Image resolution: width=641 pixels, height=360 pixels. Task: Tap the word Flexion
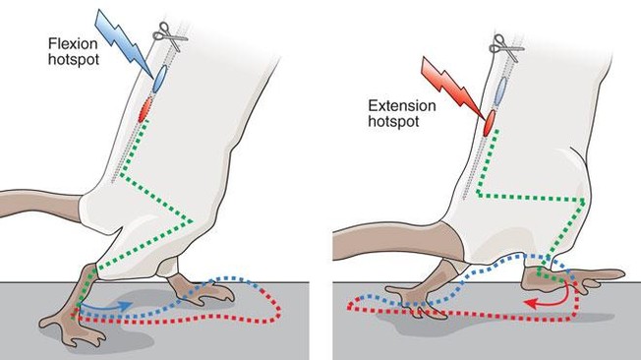tap(73, 44)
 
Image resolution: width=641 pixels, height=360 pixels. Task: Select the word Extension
tap(402, 106)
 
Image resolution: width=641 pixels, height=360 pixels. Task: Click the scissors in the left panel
tap(170, 36)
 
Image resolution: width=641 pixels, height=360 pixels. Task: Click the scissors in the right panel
tap(506, 48)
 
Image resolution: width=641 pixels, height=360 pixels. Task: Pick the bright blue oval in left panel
tap(159, 79)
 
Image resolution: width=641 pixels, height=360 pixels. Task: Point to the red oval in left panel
tap(145, 109)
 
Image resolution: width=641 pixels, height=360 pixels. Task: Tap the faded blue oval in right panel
tap(500, 90)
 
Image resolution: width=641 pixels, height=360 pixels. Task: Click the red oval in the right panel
tap(490, 123)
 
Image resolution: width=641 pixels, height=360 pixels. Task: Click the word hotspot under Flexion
tap(74, 59)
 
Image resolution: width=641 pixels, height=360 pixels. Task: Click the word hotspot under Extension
tap(393, 122)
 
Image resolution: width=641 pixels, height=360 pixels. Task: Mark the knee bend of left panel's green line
tap(191, 221)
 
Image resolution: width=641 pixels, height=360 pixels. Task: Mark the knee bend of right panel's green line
tap(583, 201)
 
